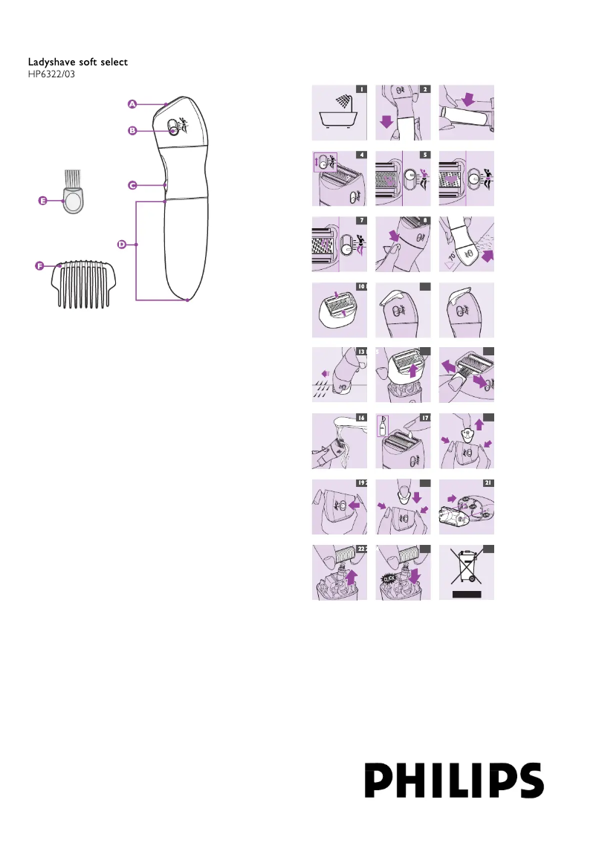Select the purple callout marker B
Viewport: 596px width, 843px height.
(x=132, y=130)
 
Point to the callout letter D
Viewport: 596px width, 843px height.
(x=122, y=244)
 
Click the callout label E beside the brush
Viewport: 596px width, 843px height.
(x=42, y=201)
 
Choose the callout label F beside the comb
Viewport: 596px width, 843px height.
(x=38, y=265)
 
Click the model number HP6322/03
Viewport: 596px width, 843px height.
(x=51, y=74)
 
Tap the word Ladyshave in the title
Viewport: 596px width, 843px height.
(x=51, y=62)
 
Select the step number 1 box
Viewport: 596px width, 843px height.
(x=360, y=89)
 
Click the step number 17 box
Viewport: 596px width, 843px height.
(x=425, y=419)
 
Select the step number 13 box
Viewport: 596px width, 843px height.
(x=361, y=351)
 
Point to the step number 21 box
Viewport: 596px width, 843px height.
(x=488, y=482)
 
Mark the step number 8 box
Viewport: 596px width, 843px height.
(x=425, y=220)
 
